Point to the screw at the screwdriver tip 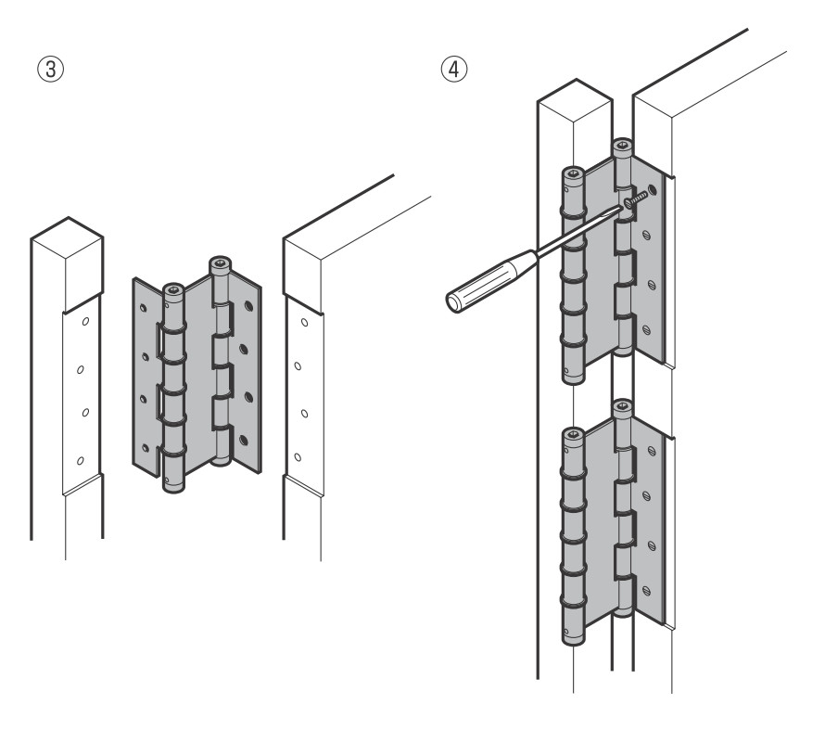(x=635, y=197)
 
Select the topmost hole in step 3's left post (x=84, y=323)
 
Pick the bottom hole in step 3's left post (x=79, y=460)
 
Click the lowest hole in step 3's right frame (x=298, y=456)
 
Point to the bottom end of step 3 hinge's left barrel (x=174, y=486)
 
